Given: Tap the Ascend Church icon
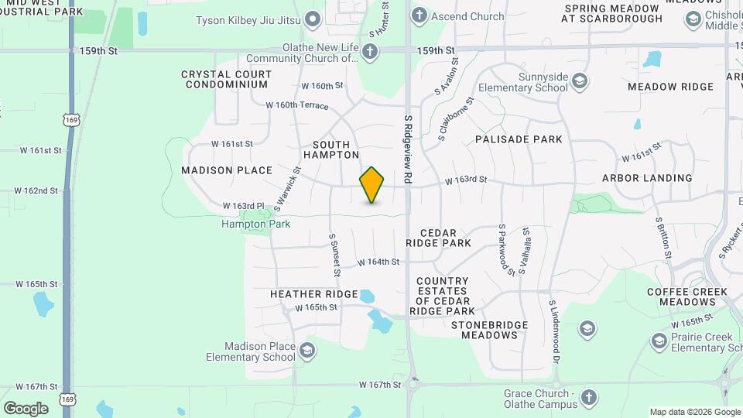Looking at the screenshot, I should [419, 15].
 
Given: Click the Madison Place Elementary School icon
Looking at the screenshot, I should [307, 351].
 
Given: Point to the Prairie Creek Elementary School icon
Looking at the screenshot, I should [659, 341].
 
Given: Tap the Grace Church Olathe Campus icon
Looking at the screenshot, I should [588, 398].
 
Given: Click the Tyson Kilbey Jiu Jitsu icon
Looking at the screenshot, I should [313, 19].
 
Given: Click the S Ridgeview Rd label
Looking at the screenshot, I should [408, 150].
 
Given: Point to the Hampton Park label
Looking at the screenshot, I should [255, 224].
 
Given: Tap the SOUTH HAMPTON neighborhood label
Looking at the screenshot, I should [331, 149].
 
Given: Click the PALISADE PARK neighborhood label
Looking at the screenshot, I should [519, 139].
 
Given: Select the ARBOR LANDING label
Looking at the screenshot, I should [647, 178].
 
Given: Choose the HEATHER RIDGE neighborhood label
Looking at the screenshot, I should [313, 294].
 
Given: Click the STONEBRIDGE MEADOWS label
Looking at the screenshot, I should [490, 330].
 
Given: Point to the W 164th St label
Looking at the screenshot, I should [378, 262].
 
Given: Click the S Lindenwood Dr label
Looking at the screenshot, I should [554, 333].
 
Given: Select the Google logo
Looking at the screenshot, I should [26, 408].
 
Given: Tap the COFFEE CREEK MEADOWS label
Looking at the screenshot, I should [687, 296].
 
